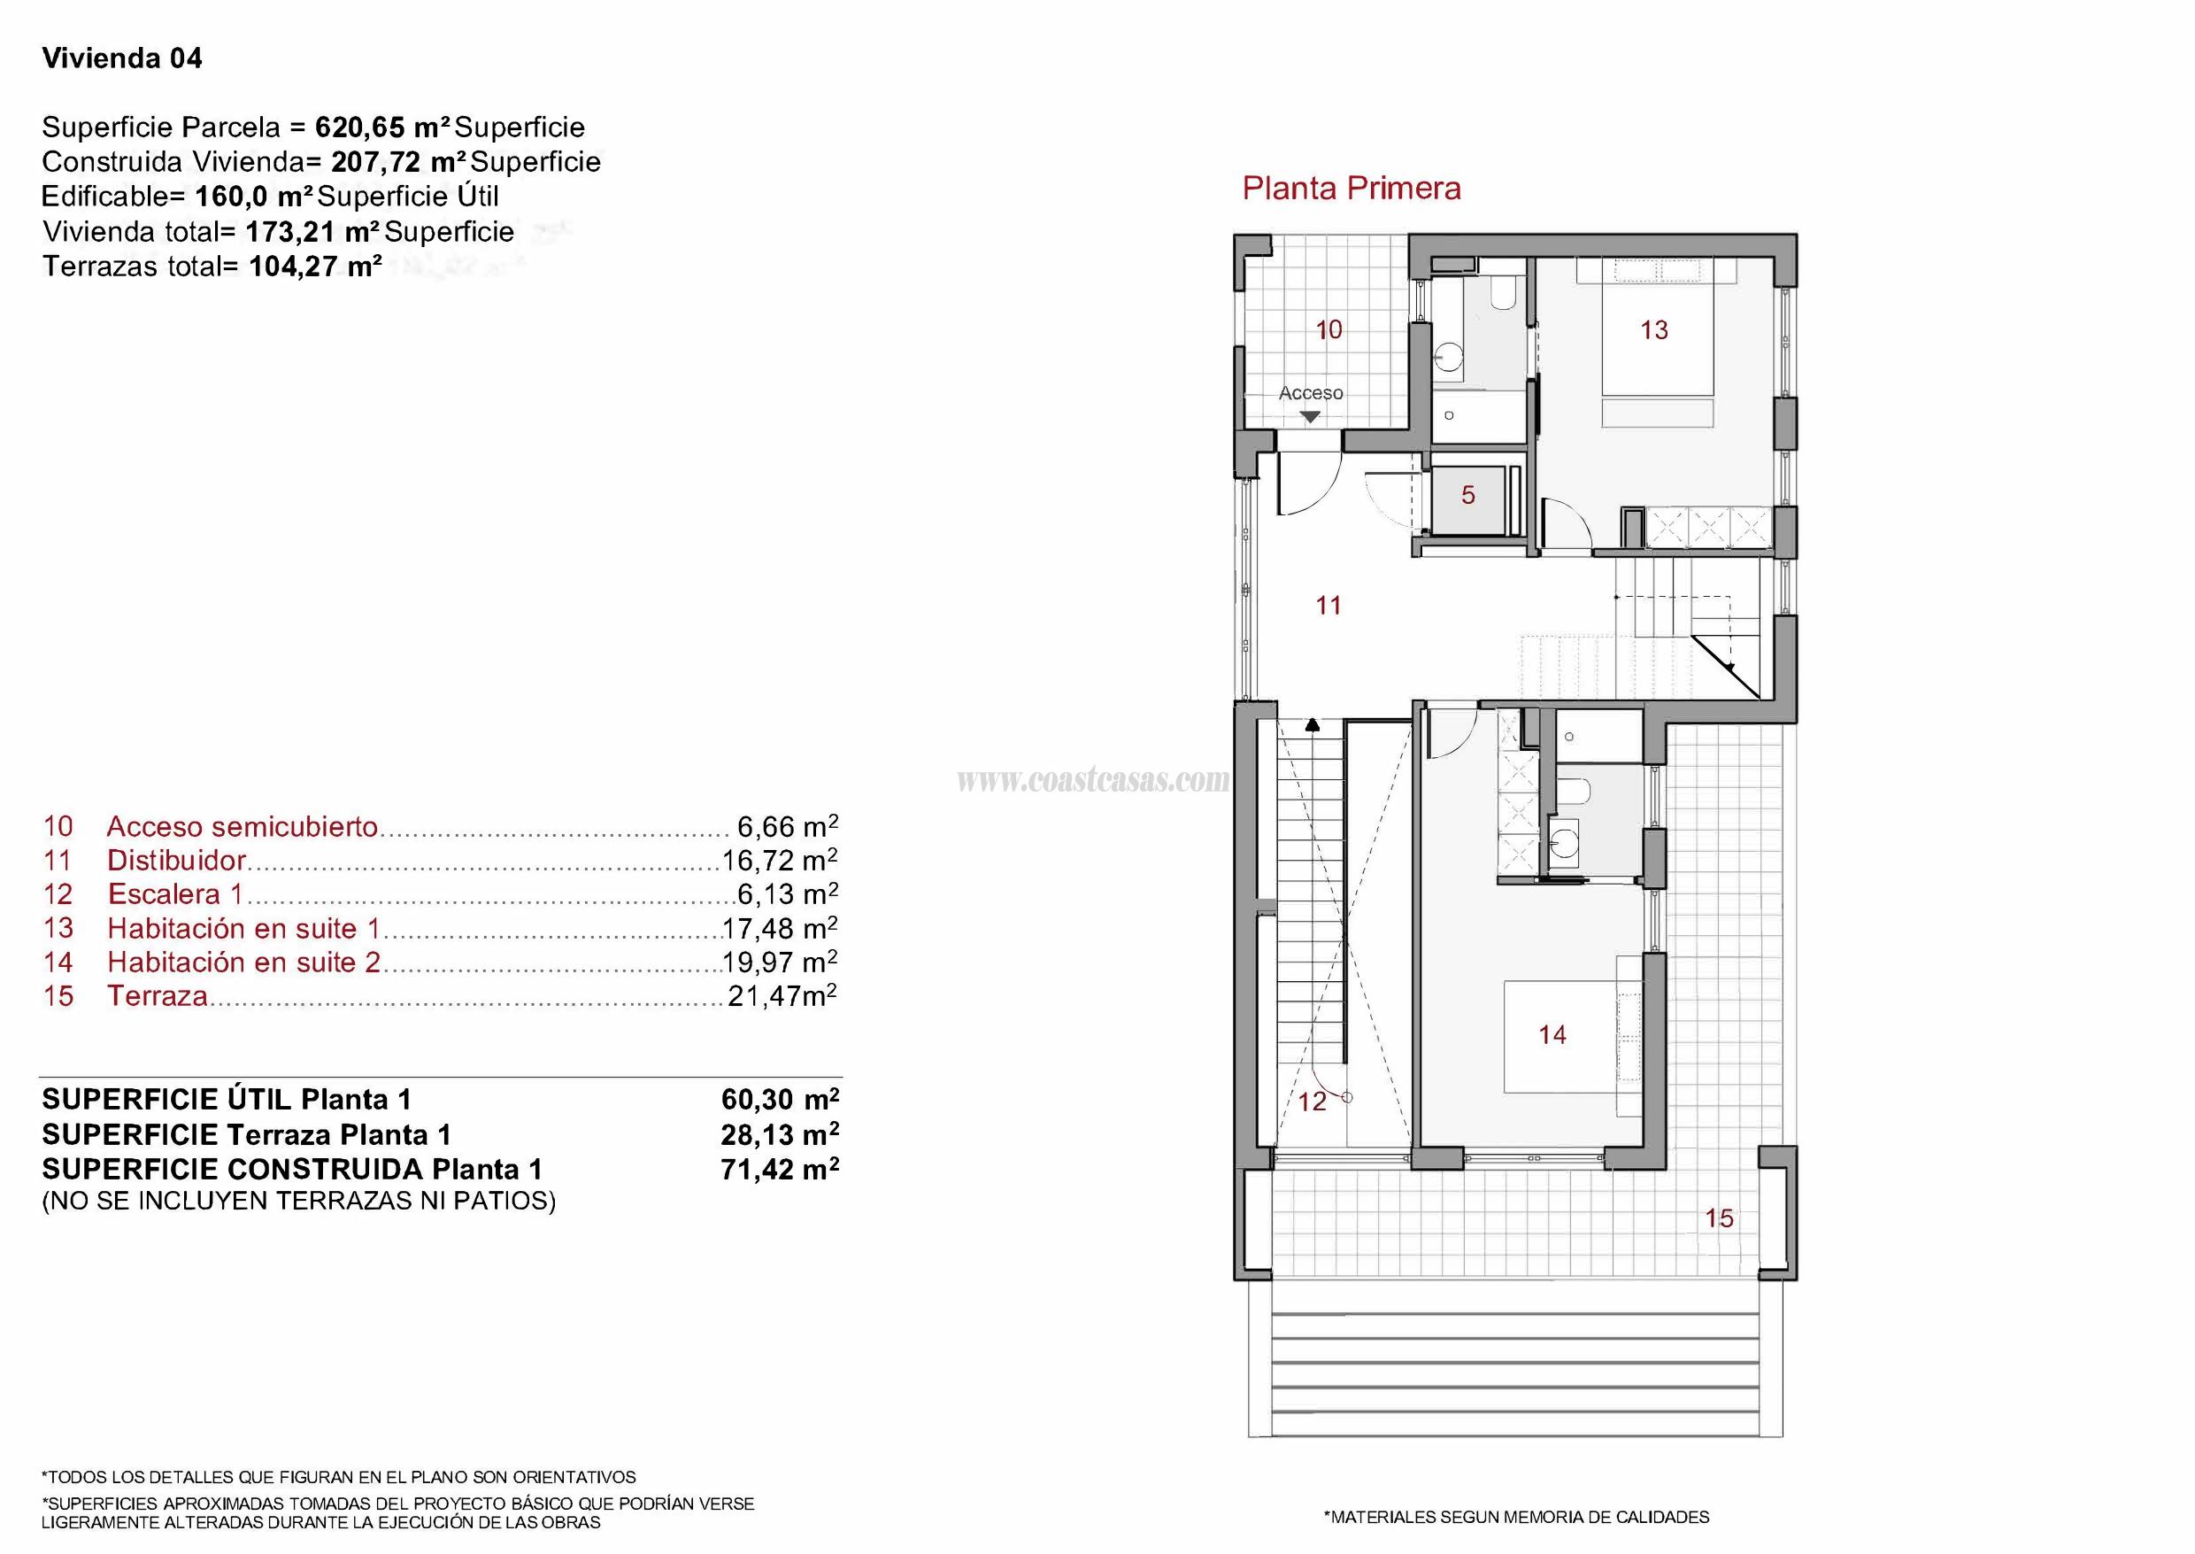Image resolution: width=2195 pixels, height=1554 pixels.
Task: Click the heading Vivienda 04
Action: pyautogui.click(x=122, y=58)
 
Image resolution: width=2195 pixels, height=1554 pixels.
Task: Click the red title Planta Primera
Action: pyautogui.click(x=1351, y=189)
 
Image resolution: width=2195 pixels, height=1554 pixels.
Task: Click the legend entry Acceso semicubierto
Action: pyautogui.click(x=242, y=827)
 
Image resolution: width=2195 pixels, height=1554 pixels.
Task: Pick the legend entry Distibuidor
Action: pyautogui.click(x=176, y=861)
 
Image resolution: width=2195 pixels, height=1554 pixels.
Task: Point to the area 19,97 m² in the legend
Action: pyautogui.click(x=780, y=962)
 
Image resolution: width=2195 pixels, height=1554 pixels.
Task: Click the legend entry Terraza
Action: pyautogui.click(x=157, y=996)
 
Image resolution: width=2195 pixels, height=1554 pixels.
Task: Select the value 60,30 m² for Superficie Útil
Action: pyautogui.click(x=780, y=1100)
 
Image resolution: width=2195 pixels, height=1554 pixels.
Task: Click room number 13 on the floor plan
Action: pyautogui.click(x=1653, y=330)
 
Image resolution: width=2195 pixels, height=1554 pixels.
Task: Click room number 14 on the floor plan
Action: pyautogui.click(x=1552, y=1034)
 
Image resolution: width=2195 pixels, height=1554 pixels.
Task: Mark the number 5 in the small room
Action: pyautogui.click(x=1468, y=495)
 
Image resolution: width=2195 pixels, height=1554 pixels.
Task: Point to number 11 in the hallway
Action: pyautogui.click(x=1329, y=605)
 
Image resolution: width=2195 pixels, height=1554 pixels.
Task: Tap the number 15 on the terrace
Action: pyautogui.click(x=1719, y=1218)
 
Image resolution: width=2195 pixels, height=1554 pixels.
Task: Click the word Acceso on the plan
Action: pyautogui.click(x=1310, y=392)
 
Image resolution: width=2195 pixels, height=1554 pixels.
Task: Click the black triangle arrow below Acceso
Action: pyautogui.click(x=1310, y=416)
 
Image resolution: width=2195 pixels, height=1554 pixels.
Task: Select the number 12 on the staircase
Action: pyautogui.click(x=1313, y=1102)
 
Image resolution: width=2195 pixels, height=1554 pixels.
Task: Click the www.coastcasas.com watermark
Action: pyautogui.click(x=1092, y=781)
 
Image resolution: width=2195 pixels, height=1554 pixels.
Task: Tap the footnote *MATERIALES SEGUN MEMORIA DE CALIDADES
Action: pyautogui.click(x=1516, y=1517)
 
